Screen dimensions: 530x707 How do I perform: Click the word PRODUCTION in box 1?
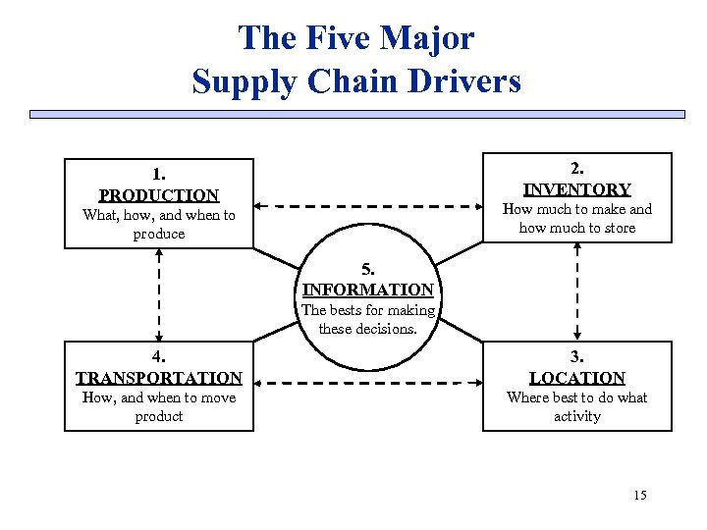pyautogui.click(x=159, y=195)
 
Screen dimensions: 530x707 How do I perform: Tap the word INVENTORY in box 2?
pyautogui.click(x=577, y=189)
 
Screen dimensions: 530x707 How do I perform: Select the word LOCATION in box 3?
pyautogui.click(x=577, y=378)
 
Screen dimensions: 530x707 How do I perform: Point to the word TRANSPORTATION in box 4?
pyautogui.click(x=159, y=378)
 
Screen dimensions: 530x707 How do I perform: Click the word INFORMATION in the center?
pyautogui.click(x=368, y=290)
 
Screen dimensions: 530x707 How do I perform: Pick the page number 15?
pyautogui.click(x=640, y=495)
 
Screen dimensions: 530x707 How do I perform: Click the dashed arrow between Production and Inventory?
pyautogui.click(x=368, y=207)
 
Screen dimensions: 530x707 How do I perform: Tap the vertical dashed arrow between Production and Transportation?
pyautogui.click(x=158, y=291)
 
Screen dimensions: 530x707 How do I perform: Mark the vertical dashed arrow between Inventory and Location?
pyautogui.click(x=577, y=291)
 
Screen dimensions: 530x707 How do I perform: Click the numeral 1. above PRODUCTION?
pyautogui.click(x=159, y=176)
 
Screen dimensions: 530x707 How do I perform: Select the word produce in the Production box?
pyautogui.click(x=159, y=234)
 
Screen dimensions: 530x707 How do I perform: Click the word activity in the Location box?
pyautogui.click(x=577, y=416)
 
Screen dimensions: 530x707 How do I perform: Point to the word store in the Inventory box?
pyautogui.click(x=618, y=228)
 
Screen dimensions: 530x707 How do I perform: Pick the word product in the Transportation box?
pyautogui.click(x=159, y=416)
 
